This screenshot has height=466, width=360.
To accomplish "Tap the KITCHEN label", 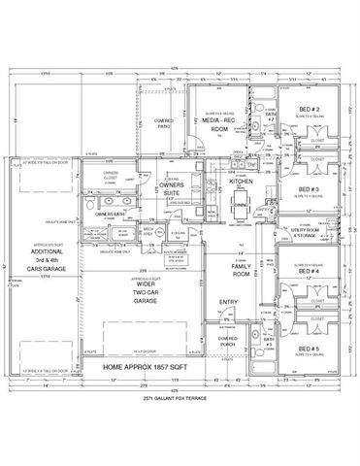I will click(241, 181).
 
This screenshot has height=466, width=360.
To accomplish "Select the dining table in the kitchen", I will click(241, 205).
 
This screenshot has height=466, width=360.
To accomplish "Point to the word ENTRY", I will click(229, 303).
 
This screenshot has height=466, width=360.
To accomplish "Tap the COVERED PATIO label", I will click(162, 123).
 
